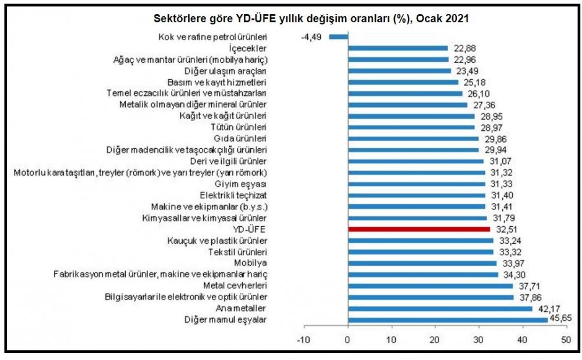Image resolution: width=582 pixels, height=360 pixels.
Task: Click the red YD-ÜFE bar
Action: pos(418,229)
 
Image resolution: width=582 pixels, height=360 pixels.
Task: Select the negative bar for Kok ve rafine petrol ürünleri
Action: pos(338,37)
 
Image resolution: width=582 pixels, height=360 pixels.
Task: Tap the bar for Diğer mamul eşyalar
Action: pos(448,319)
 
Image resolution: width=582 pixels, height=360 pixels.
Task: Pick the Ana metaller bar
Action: pos(439,308)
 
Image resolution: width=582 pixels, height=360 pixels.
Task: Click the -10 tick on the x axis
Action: pos(303,340)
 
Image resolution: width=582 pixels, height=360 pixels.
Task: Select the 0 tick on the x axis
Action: pos(347,340)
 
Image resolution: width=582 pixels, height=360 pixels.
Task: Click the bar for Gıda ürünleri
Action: pos(413,138)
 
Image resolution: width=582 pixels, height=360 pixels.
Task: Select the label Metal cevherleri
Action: pos(235,285)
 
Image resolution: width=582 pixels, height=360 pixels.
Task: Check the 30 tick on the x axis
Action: pos(478,340)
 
